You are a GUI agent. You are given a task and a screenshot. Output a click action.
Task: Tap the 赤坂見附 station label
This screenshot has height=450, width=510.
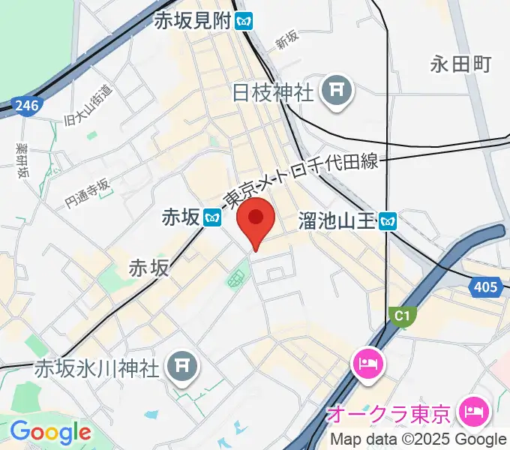(191, 20)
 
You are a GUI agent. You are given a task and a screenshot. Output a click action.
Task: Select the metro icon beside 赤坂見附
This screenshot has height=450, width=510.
(243, 20)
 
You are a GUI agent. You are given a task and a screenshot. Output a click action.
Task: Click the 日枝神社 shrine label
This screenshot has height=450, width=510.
(272, 94)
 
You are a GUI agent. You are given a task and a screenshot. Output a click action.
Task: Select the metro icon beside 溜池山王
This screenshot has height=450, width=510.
(388, 220)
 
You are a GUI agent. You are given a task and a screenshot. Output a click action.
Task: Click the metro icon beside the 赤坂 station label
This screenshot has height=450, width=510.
(212, 218)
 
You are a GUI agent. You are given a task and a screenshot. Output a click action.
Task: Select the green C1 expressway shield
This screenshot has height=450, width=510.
(403, 317)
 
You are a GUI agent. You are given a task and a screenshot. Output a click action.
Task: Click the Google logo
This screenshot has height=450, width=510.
(50, 432)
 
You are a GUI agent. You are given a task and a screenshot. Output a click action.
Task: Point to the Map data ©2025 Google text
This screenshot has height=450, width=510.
(418, 440)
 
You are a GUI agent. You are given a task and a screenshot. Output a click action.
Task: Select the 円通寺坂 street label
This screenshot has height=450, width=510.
(87, 192)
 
